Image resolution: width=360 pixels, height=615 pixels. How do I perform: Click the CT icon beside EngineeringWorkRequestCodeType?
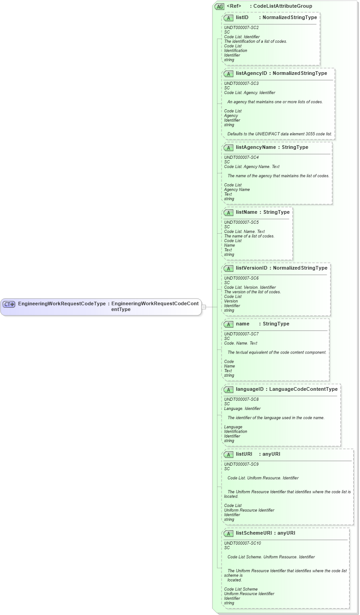click(x=9, y=304)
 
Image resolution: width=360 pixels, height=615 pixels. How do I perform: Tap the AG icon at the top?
click(x=220, y=6)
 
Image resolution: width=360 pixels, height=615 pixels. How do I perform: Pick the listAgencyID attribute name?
click(x=252, y=73)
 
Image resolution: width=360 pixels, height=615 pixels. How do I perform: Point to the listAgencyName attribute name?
click(x=256, y=148)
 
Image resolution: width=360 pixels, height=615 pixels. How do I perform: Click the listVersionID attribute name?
click(x=252, y=268)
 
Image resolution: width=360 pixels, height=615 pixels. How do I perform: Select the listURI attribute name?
click(x=244, y=454)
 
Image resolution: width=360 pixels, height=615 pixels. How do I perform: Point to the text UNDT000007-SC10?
click(x=242, y=543)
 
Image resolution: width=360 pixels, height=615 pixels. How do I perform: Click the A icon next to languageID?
click(x=229, y=389)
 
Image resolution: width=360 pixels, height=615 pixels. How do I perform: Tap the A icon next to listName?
click(x=229, y=212)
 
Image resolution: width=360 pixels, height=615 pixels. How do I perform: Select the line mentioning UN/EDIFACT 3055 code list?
click(x=280, y=134)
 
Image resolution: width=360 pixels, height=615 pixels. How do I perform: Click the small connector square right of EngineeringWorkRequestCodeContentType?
click(x=204, y=307)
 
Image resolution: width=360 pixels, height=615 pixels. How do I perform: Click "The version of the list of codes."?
click(x=252, y=292)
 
